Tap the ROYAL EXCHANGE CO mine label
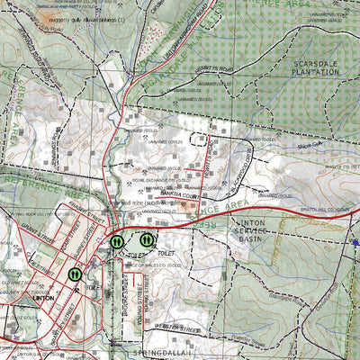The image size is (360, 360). coord(157,181)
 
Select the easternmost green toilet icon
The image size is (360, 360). coord(147,240)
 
